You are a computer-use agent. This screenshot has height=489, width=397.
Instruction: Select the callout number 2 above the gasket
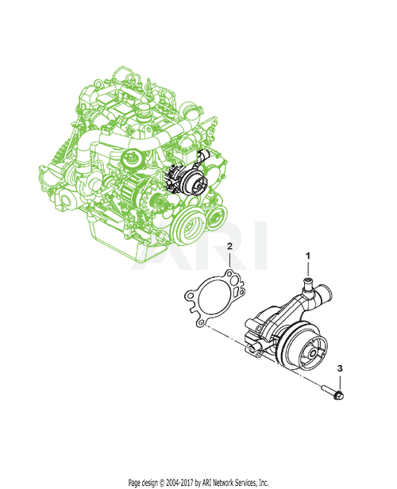click(x=229, y=248)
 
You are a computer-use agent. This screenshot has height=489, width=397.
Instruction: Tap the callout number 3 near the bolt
click(x=341, y=369)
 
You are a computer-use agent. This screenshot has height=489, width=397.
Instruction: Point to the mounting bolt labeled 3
click(x=331, y=391)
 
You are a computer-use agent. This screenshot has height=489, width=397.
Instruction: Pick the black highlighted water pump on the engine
click(x=191, y=181)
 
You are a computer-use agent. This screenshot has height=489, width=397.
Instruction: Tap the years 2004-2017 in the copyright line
click(x=182, y=482)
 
